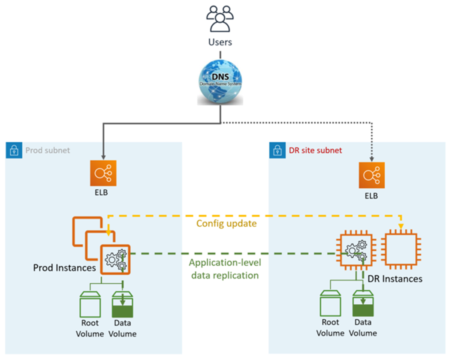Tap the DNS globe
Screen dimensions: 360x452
coord(220,82)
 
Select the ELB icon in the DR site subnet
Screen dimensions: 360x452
coord(372,175)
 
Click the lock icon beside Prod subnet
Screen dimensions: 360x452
coord(14,150)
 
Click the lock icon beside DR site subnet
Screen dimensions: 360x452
coord(277,150)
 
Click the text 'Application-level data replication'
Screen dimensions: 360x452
coord(224,269)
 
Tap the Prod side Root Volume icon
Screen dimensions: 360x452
coord(90,304)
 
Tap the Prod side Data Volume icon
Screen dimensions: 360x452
coord(123,304)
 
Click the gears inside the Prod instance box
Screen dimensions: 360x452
coord(115,260)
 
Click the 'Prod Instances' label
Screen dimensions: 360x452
coord(64,268)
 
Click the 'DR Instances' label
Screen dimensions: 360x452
coord(395,279)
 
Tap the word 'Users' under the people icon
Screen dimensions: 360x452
coord(220,42)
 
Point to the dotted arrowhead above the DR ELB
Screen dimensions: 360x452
coord(372,158)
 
